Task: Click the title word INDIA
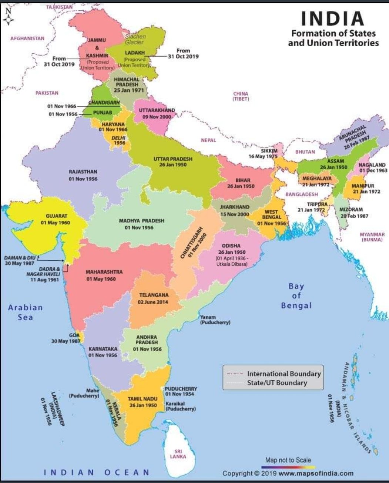point(333,18)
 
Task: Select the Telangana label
point(154,295)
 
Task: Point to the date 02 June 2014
point(153,302)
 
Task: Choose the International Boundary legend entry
point(284,374)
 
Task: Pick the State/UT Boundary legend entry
point(277,383)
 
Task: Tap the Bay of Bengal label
point(296,295)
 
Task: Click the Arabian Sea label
point(26,312)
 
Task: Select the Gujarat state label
point(56,216)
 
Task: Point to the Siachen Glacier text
point(135,39)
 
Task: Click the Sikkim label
point(269,151)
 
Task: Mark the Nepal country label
point(208,140)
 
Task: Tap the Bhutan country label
point(305,152)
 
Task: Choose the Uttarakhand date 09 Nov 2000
point(157,117)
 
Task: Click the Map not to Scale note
point(288,460)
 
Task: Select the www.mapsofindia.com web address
point(316,473)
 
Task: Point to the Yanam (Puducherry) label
point(215,320)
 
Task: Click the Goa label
point(74,335)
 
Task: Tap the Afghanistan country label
point(27,38)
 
